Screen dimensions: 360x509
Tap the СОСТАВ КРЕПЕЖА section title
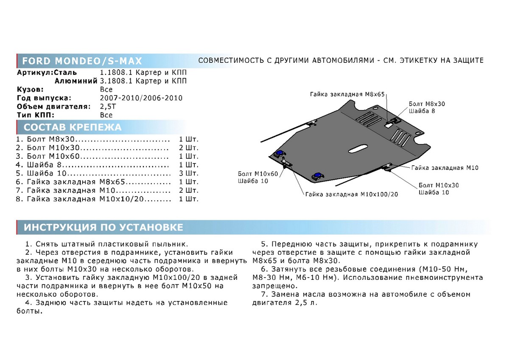coord(72,127)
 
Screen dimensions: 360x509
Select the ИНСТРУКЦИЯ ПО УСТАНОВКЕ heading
coord(103,228)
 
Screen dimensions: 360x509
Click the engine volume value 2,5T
coord(107,106)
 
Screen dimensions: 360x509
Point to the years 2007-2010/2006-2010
coord(141,98)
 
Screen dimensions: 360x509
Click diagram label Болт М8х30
coord(427,104)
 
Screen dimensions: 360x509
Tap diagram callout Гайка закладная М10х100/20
coord(351,194)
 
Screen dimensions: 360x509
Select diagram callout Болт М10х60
coord(258,174)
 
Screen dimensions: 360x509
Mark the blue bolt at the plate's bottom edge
coord(316,175)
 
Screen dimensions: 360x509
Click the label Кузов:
coord(30,90)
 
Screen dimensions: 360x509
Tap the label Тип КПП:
coord(36,115)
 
